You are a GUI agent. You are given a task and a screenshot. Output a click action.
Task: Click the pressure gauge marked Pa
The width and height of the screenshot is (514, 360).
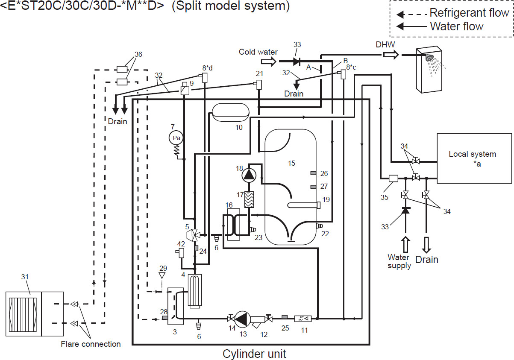[x=176, y=138]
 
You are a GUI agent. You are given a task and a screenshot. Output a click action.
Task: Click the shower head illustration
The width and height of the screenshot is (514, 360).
[x=429, y=60]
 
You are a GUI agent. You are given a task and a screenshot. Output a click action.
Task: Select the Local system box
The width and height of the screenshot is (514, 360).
[x=474, y=158]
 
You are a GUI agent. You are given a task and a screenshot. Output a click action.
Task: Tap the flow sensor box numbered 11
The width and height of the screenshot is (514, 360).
[x=303, y=319]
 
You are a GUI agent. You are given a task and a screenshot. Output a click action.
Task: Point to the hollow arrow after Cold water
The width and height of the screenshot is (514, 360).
[x=267, y=62]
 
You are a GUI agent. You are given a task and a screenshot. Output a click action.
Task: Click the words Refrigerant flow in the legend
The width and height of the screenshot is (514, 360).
[x=469, y=13]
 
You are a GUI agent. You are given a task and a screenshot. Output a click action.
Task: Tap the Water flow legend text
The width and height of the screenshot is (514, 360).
[x=456, y=26]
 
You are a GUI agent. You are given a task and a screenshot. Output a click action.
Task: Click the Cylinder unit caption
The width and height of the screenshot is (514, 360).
[x=254, y=354]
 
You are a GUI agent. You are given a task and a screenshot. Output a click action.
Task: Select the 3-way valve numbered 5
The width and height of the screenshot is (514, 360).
[x=194, y=234]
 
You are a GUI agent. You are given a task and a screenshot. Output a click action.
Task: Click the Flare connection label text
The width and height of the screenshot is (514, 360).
[x=91, y=344]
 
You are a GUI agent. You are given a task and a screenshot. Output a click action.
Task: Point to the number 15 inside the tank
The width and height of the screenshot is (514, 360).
[x=291, y=163]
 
